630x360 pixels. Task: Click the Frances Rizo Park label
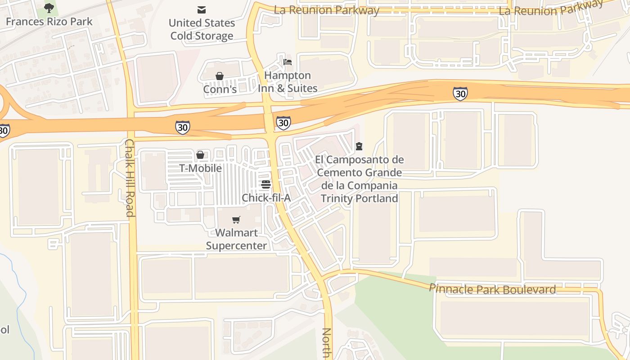49,21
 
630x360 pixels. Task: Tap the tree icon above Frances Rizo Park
49,8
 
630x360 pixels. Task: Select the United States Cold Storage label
202,29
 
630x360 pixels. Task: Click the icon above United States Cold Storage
202,9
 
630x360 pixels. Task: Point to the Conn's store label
220,89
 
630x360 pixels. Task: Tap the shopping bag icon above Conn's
220,76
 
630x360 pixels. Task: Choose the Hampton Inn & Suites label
288,81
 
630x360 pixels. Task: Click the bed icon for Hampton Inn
288,62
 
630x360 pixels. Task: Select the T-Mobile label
200,168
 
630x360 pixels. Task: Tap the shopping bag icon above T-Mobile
200,155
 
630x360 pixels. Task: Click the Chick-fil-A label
266,198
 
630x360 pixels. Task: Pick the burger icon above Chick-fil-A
266,184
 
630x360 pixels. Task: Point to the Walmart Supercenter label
236,239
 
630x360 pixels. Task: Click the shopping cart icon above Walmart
236,220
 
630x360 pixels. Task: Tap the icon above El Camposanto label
359,146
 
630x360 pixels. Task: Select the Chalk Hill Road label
130,177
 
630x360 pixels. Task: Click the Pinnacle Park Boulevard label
492,289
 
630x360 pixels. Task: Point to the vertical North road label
327,343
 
